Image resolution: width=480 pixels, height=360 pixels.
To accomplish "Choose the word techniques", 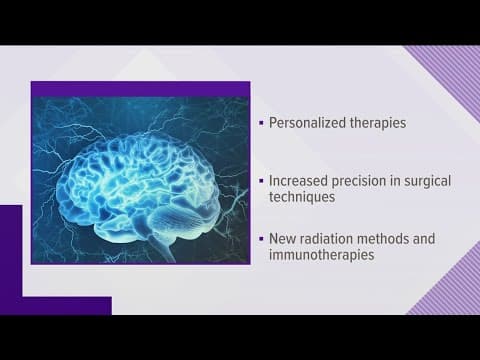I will pos(303,199).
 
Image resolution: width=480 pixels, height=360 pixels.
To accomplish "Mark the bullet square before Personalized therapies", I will pos(261,125).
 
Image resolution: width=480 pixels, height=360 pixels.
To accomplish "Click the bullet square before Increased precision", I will pos(261,182).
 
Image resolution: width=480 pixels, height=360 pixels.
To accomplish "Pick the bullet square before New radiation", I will pos(261,239).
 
